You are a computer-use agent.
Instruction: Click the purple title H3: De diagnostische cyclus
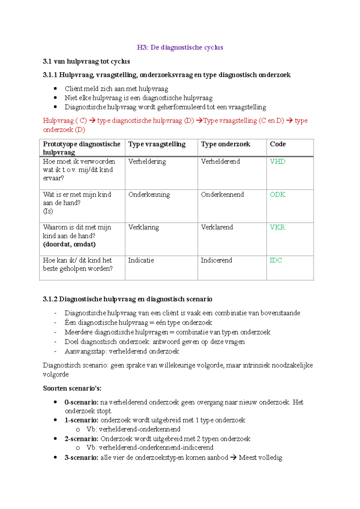[180, 47]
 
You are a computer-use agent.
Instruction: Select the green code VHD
[277, 161]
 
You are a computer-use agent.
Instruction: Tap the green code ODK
[277, 194]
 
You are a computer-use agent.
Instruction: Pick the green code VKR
[277, 227]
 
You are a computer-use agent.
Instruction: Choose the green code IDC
[276, 260]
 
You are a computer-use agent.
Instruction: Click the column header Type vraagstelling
[157, 144]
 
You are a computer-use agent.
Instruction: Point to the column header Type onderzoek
[225, 144]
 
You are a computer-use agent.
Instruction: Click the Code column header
[278, 144]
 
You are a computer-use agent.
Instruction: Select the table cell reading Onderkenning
[149, 194]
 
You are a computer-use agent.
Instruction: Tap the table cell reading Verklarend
[217, 227]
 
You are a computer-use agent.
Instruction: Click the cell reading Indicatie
[141, 260]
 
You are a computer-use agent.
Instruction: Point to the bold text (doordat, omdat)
[69, 244]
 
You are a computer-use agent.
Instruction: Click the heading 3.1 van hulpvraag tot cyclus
[86, 62]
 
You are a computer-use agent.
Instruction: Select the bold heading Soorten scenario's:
[72, 388]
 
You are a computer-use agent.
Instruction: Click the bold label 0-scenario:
[81, 402]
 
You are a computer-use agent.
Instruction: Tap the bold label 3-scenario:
[81, 458]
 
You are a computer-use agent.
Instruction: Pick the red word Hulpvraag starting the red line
[58, 121]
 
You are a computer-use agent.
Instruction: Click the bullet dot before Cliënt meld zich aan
[55, 89]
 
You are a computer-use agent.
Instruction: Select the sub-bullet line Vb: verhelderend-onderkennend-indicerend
[150, 447]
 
